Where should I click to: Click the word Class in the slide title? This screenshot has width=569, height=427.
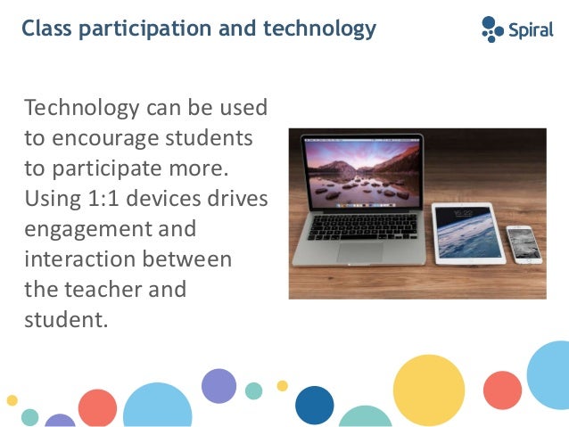[x=47, y=29]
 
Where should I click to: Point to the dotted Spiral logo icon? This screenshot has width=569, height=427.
[x=492, y=29]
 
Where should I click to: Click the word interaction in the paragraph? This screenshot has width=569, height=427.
[x=78, y=259]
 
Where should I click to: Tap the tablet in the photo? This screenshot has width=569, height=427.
[x=467, y=232]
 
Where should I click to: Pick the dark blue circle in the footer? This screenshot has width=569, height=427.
[x=314, y=404]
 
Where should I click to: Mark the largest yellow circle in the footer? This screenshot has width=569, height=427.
[x=428, y=390]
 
